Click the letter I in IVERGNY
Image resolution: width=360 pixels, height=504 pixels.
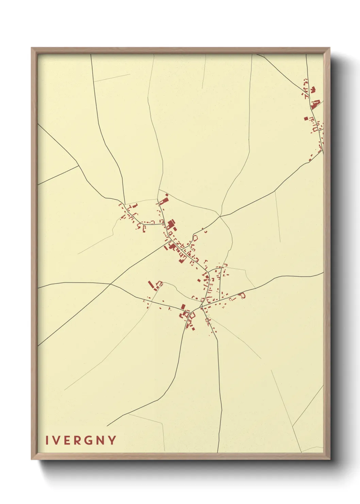point(47,440)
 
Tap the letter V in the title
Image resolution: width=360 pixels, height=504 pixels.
point(56,440)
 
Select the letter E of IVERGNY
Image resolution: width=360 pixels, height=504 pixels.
point(67,440)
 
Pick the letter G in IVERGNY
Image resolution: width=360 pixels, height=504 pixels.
point(89,440)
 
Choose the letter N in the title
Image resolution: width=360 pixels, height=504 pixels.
point(101,440)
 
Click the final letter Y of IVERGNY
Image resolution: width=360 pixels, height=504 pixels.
point(112,440)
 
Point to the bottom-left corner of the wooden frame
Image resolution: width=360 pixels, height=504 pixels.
point(32,459)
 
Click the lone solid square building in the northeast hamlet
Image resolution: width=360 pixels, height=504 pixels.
point(306,119)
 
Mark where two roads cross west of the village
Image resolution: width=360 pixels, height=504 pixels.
point(110,284)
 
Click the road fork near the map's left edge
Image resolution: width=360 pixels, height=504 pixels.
point(79,166)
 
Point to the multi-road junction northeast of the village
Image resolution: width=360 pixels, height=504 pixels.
point(220,216)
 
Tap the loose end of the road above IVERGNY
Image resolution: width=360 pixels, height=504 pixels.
point(107,426)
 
